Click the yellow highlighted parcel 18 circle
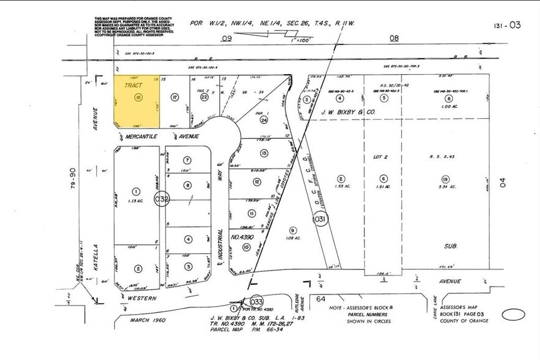[x=138, y=97]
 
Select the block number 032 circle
[x=162, y=198]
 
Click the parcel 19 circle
[x=444, y=178]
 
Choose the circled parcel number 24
[x=264, y=119]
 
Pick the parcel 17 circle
[x=174, y=97]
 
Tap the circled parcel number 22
[x=204, y=97]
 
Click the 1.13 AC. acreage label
[x=136, y=200]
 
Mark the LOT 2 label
[x=381, y=157]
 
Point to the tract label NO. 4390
[x=243, y=236]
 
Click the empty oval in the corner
[x=513, y=315]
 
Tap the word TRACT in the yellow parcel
[x=133, y=86]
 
